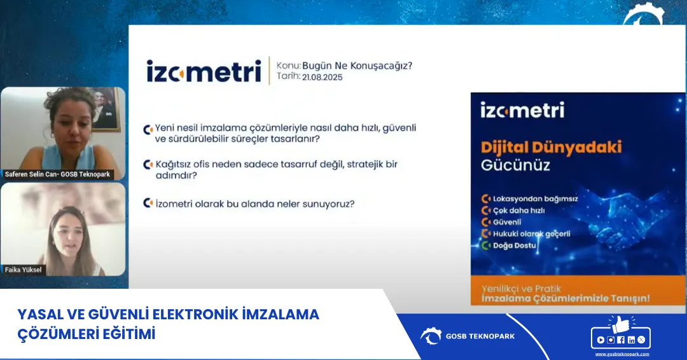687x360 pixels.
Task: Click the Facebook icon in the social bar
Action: pos(621,340)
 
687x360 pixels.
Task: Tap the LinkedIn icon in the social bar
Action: pos(631,340)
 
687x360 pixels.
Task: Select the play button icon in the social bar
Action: pos(601,340)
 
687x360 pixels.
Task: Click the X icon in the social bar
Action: pos(641,340)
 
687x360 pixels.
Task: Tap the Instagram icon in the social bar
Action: pos(611,340)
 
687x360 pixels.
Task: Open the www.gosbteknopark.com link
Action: pos(622,354)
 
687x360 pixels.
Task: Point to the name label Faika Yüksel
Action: pos(23,270)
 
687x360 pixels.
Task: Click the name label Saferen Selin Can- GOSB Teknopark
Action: pos(57,174)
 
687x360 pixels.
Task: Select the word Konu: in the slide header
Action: pos(289,65)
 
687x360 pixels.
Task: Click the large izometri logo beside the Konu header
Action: pos(204,71)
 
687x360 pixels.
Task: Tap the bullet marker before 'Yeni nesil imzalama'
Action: pos(148,128)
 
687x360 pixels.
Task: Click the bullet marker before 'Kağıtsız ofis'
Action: pos(148,164)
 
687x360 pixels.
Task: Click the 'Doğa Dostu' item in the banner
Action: pos(515,246)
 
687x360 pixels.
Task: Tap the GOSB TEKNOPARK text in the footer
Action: pos(480,336)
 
